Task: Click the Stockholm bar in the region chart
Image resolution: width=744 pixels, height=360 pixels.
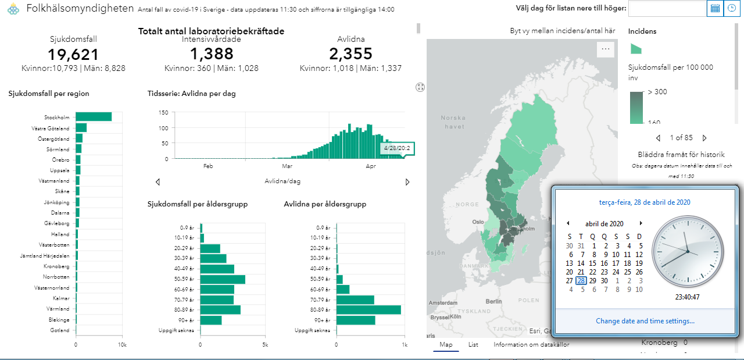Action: coord(93,117)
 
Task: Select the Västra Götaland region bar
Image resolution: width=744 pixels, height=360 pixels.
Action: coord(81,128)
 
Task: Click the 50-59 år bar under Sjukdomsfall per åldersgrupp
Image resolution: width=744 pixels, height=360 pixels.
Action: coord(223,279)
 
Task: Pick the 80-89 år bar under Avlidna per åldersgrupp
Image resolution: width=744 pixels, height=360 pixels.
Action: coord(369,310)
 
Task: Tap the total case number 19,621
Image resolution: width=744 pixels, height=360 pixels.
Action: coord(73,55)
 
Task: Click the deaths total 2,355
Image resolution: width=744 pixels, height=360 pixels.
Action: coord(350,54)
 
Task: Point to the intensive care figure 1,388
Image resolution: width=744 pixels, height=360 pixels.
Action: coord(212,54)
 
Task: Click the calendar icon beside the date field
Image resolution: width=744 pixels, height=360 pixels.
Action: coord(715,8)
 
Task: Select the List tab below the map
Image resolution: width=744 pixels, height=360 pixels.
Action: coord(473,344)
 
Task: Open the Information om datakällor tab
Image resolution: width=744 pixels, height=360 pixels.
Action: coord(531,344)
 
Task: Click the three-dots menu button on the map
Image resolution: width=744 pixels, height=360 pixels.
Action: coord(606,49)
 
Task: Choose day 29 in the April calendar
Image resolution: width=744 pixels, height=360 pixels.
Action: coord(593,280)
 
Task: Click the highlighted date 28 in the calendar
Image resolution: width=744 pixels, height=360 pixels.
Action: coord(581,280)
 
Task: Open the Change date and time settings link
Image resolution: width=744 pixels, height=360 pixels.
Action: coord(645,321)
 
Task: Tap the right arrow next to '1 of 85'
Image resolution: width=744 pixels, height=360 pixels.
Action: coord(704,138)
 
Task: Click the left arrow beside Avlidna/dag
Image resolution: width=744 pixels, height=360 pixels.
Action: coord(158,182)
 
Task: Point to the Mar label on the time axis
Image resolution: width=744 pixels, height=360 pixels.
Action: coord(286,166)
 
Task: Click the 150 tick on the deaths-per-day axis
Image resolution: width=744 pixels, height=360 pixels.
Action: coord(163,112)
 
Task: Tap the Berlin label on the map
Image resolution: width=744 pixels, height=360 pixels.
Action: coord(493,301)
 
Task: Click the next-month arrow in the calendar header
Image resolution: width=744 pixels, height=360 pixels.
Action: coord(641,223)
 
